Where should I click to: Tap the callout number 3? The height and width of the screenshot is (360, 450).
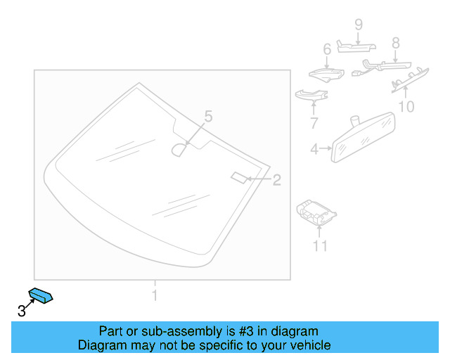click(x=22, y=310)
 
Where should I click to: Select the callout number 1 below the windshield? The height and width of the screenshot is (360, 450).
click(x=155, y=295)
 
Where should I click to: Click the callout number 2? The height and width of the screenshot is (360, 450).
click(x=276, y=180)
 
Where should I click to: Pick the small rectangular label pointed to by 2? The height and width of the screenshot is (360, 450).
click(x=238, y=176)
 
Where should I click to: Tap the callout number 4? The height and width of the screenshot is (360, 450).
click(x=315, y=149)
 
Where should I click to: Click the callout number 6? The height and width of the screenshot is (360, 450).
click(x=326, y=49)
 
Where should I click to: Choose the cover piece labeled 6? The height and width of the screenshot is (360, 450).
click(x=324, y=73)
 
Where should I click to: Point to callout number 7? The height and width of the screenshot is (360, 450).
click(x=314, y=124)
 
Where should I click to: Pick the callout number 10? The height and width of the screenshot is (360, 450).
click(x=406, y=107)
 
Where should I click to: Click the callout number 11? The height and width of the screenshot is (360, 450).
click(x=320, y=245)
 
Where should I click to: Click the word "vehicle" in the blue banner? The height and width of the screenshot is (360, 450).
click(x=308, y=345)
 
